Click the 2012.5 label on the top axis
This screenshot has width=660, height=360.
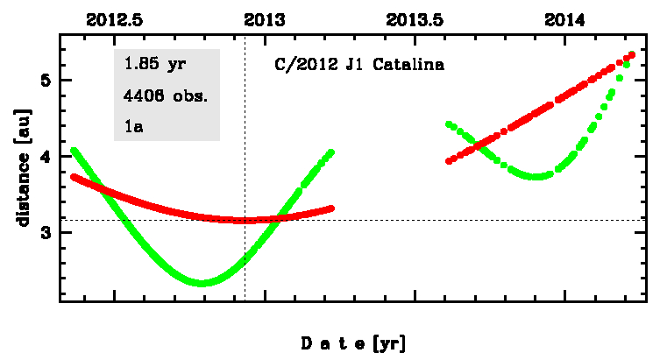click(x=115, y=18)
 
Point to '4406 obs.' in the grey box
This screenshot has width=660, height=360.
click(x=166, y=96)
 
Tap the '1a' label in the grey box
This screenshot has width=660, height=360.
click(x=133, y=127)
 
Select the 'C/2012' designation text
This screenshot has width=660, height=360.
click(x=295, y=66)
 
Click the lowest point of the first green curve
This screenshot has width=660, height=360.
click(x=202, y=283)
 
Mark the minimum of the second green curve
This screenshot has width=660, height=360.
click(x=538, y=176)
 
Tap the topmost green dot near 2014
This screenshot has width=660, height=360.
click(x=632, y=54)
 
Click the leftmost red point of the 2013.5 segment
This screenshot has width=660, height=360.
click(x=449, y=161)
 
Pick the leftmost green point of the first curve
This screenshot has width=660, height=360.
click(x=74, y=151)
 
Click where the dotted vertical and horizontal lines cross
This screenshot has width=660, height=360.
click(x=245, y=220)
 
